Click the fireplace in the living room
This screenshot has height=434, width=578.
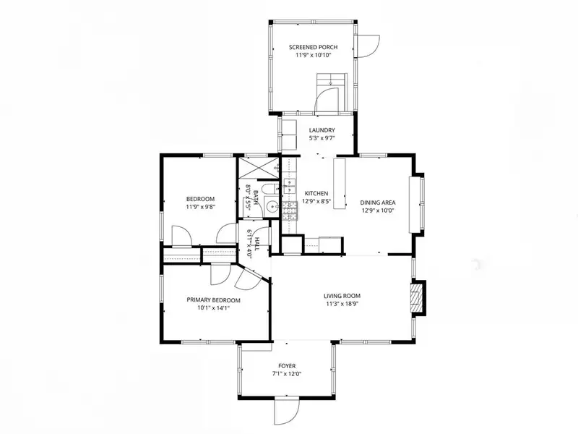point(418,298)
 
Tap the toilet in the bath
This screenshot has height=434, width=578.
point(272,188)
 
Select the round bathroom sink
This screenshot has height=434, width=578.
point(273,207)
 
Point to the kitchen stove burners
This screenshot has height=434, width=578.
point(290,211)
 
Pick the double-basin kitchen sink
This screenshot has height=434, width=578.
point(290,187)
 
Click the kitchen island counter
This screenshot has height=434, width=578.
point(340,184)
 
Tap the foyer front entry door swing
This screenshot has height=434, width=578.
point(287,411)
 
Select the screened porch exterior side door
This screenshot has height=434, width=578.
point(368,46)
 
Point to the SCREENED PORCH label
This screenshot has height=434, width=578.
point(313,47)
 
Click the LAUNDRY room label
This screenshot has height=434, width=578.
point(322,130)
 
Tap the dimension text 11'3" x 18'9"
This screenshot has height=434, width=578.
point(342,304)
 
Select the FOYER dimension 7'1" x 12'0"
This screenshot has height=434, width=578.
point(287,374)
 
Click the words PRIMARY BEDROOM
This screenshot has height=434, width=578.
point(213,300)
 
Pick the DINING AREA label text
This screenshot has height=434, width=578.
point(378,203)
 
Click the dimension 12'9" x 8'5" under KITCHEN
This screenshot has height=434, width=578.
point(316,202)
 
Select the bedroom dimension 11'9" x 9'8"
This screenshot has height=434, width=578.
point(201,207)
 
